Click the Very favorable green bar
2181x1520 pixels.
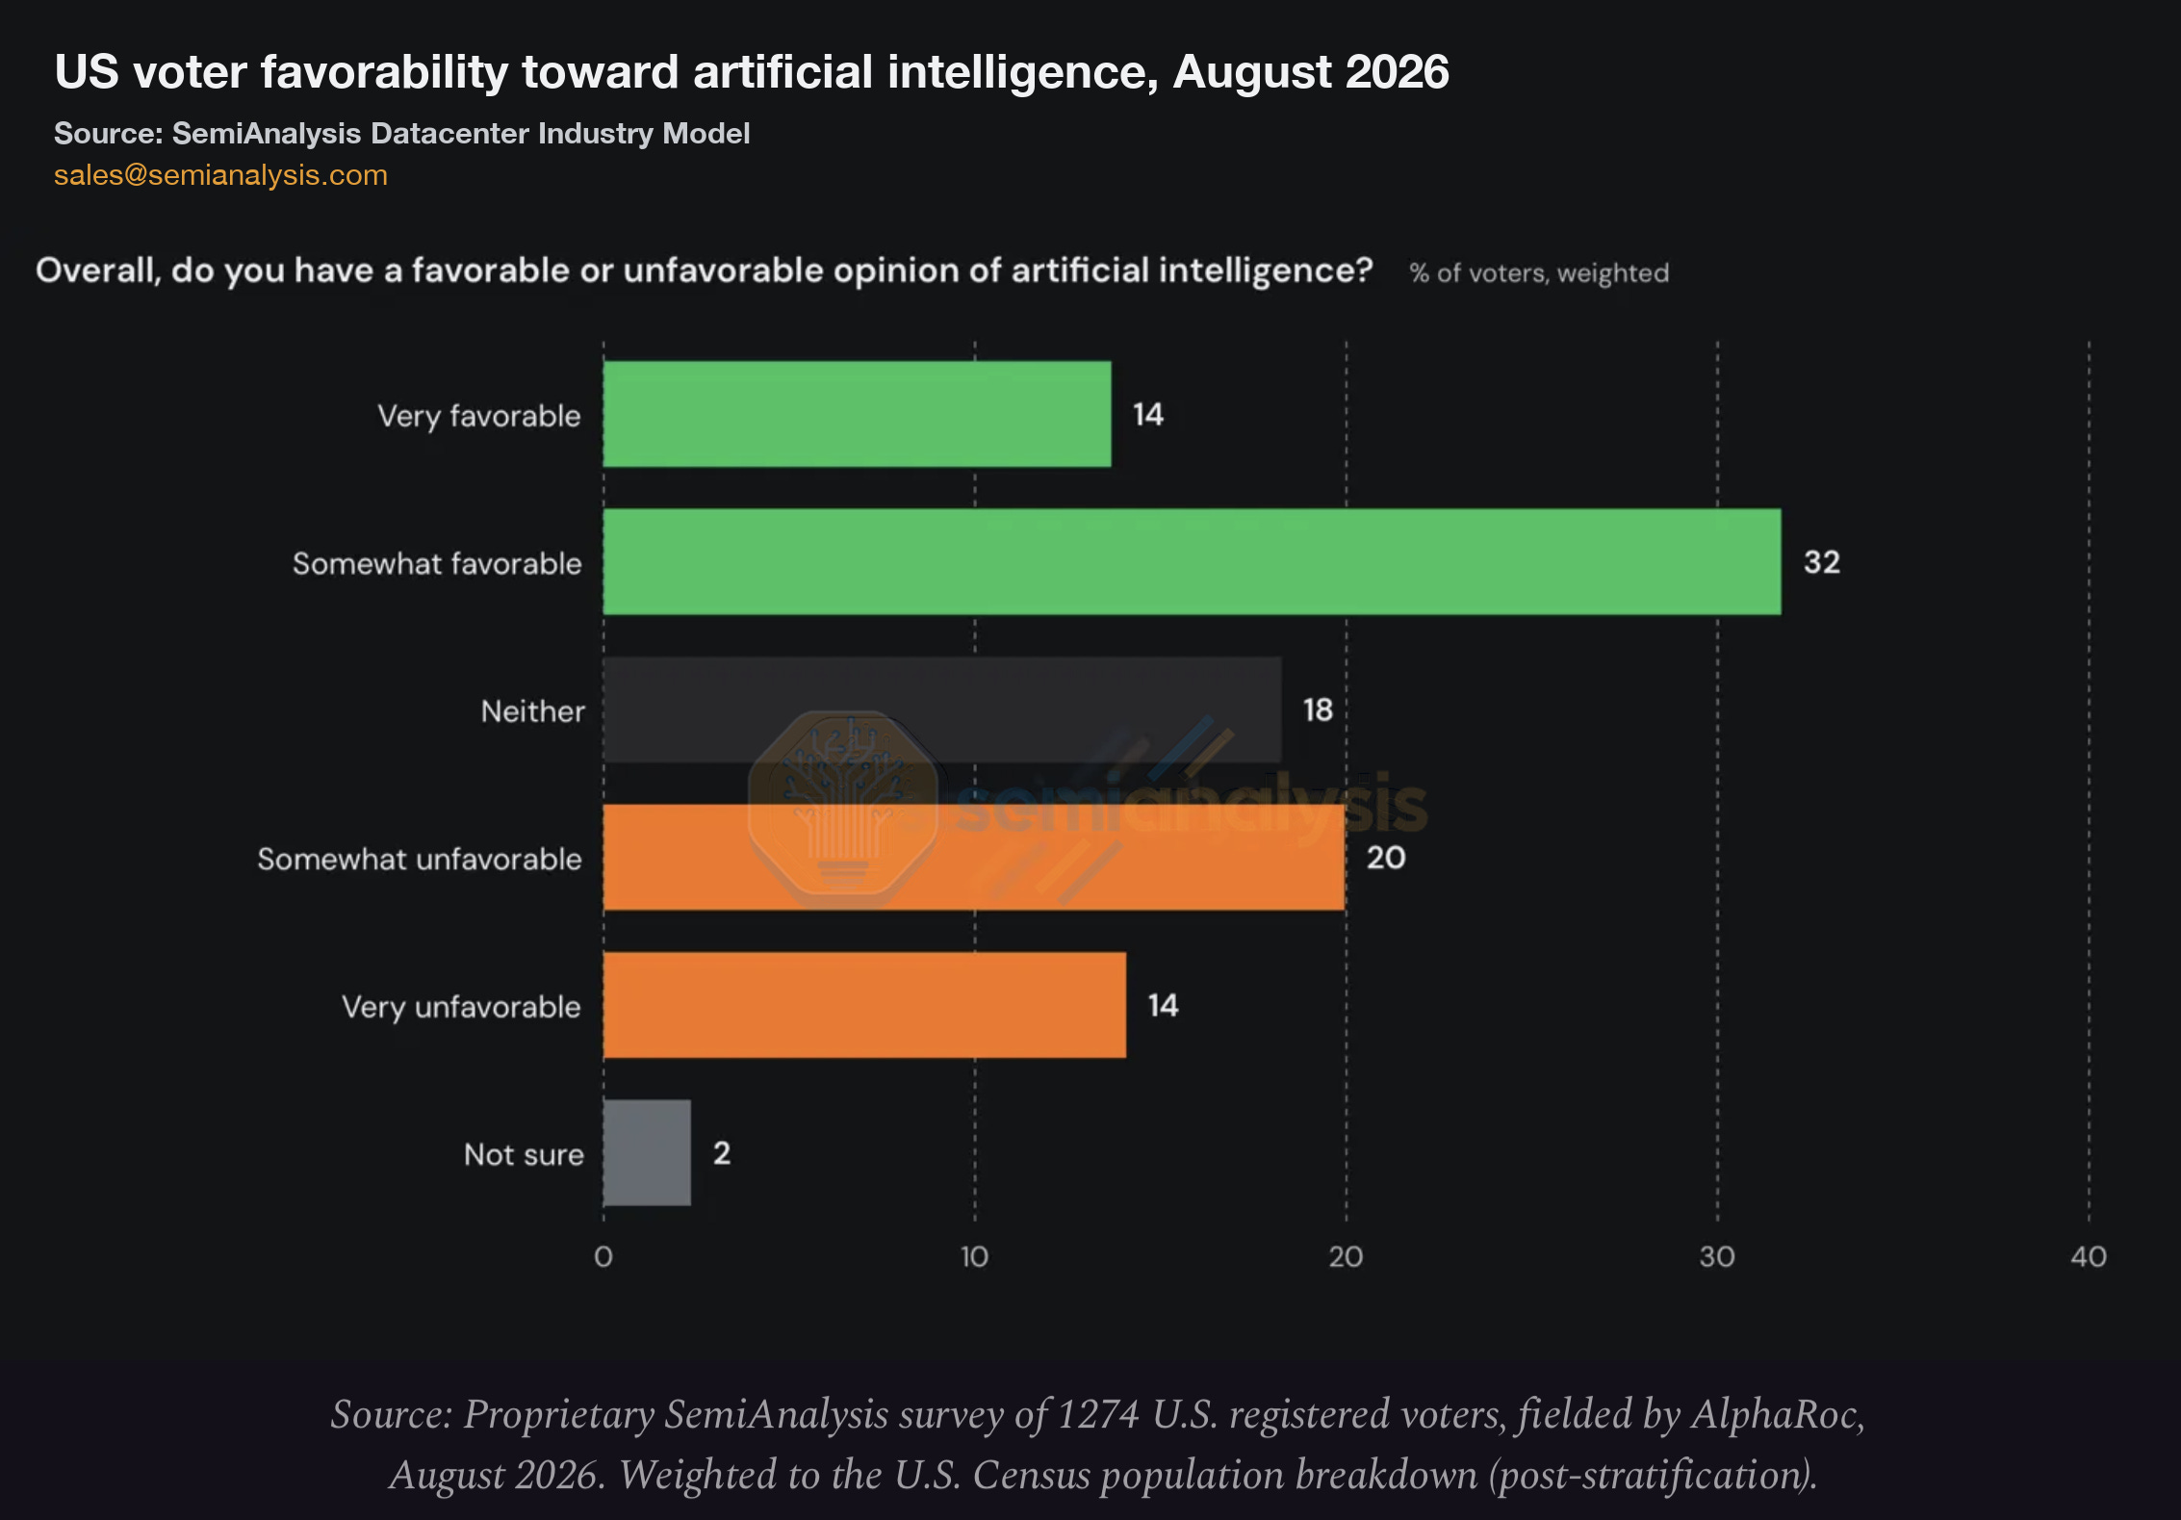tap(857, 414)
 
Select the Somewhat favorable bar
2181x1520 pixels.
tap(1192, 561)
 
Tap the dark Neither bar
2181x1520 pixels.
tap(942, 709)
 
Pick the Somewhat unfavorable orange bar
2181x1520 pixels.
tap(974, 857)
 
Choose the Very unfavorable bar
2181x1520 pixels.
tap(864, 1005)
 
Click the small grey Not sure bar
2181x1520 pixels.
tap(647, 1152)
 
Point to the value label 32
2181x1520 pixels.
tap(1821, 561)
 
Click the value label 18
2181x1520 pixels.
tap(1318, 709)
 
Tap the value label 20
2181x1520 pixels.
tap(1386, 857)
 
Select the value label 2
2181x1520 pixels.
tap(722, 1152)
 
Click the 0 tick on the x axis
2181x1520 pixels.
tap(603, 1256)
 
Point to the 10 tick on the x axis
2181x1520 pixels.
tap(974, 1256)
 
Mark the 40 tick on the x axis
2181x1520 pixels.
tap(2089, 1256)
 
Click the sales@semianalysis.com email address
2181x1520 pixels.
tap(220, 174)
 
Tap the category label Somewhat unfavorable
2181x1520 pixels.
tap(420, 859)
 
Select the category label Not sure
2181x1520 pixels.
tap(524, 1154)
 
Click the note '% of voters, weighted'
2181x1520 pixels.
tap(1539, 273)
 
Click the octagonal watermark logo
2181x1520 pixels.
tap(843, 809)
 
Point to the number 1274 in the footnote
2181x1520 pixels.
tap(1098, 1414)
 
